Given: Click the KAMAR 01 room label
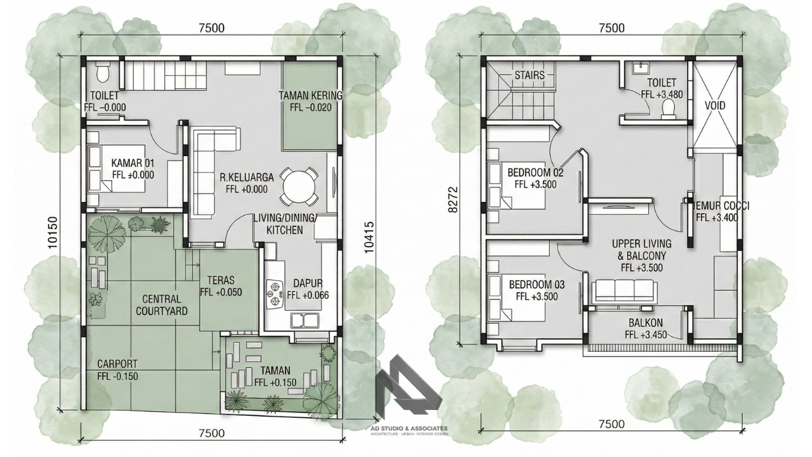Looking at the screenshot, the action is [x=133, y=162].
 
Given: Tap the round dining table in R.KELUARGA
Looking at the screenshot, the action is [x=299, y=187].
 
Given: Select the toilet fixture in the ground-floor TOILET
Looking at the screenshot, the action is [x=103, y=71].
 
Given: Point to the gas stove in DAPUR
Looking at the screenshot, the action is [x=275, y=293].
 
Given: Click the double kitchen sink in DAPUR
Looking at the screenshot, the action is [x=304, y=321].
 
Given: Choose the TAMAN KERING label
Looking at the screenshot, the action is [x=311, y=96].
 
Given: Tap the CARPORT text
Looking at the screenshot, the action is [x=117, y=364].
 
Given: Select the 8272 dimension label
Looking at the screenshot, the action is [x=453, y=199].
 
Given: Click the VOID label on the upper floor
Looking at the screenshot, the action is [x=715, y=106].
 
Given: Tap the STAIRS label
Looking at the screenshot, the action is [x=530, y=75].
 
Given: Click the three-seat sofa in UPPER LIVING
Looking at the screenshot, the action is [x=623, y=291].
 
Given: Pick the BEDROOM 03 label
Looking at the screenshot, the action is [x=537, y=285].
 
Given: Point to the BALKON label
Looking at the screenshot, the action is [x=646, y=322].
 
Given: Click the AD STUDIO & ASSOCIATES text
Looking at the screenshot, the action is [x=409, y=428].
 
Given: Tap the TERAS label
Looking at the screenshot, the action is [x=221, y=281].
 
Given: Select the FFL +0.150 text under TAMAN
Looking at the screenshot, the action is [x=275, y=382].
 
